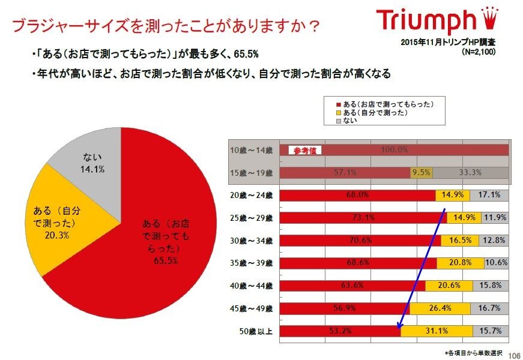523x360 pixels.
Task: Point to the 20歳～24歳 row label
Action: [x=251, y=195]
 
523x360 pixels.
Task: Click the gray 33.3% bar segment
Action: [x=470, y=173]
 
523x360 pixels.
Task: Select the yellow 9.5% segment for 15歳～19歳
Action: [x=420, y=173]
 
